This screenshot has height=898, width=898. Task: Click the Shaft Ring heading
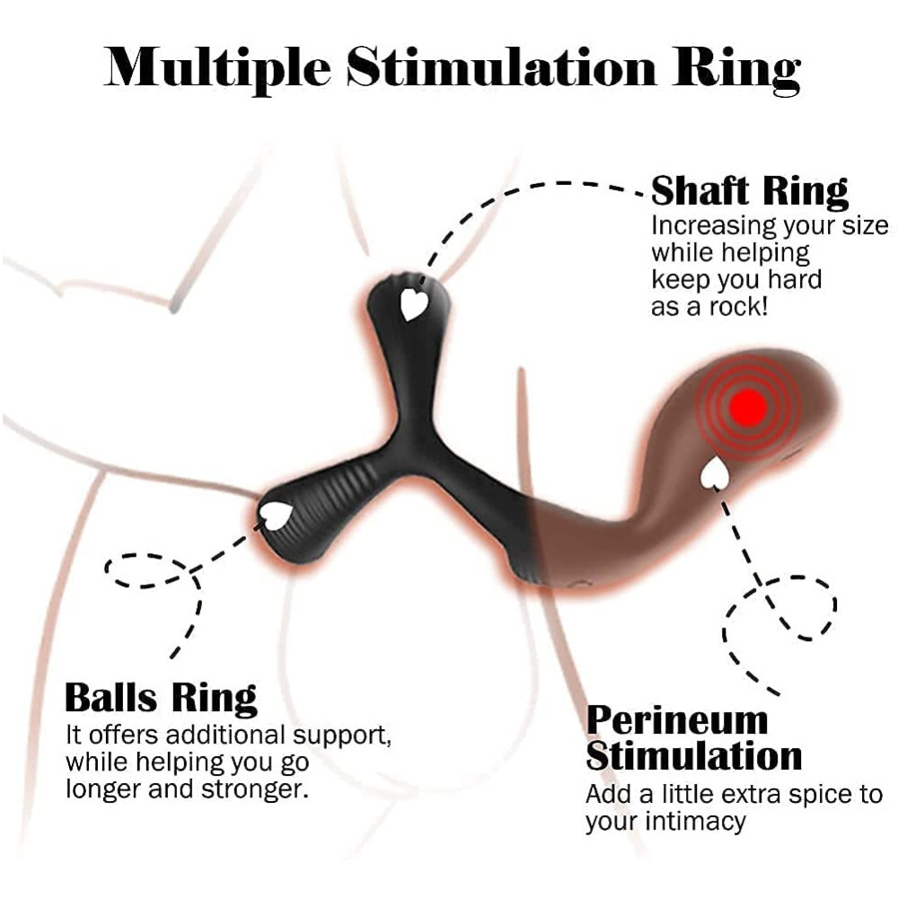[x=749, y=191]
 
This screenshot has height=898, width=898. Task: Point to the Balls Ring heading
[x=161, y=698]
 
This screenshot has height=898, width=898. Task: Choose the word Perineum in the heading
[x=678, y=720]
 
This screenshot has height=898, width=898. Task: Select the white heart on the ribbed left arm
[x=276, y=514]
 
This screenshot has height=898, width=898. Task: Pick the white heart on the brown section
[x=715, y=475]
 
